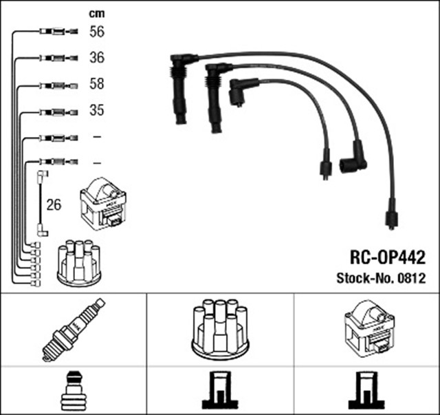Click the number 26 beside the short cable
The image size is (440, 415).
53,204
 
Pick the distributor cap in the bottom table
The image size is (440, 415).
220,328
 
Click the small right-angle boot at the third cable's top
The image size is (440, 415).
239,93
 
